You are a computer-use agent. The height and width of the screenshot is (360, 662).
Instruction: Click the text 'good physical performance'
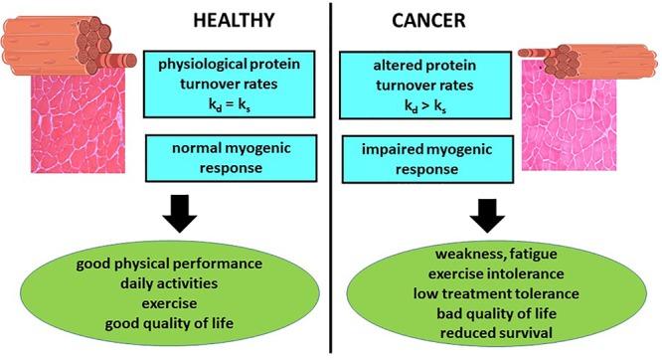(x=168, y=266)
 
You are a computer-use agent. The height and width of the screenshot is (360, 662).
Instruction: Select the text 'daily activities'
(x=168, y=284)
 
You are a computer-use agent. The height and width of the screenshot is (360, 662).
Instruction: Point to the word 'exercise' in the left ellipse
(x=168, y=302)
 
